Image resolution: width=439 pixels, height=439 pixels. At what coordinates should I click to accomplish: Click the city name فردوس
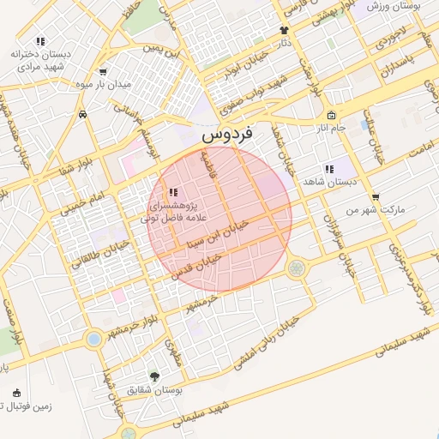pyautogui.click(x=226, y=135)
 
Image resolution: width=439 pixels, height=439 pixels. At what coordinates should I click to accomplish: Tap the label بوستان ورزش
pyautogui.click(x=397, y=6)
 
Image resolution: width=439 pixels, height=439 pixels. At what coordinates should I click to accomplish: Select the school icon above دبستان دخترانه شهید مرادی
pyautogui.click(x=40, y=41)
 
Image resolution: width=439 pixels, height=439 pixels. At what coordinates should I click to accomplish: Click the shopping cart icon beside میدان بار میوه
pyautogui.click(x=104, y=72)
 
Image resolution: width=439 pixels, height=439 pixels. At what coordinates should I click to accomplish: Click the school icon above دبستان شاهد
pyautogui.click(x=328, y=169)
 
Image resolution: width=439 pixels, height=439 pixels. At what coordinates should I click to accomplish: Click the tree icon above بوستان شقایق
pyautogui.click(x=154, y=376)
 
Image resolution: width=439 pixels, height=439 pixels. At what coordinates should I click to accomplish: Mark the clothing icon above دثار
pyautogui.click(x=285, y=29)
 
